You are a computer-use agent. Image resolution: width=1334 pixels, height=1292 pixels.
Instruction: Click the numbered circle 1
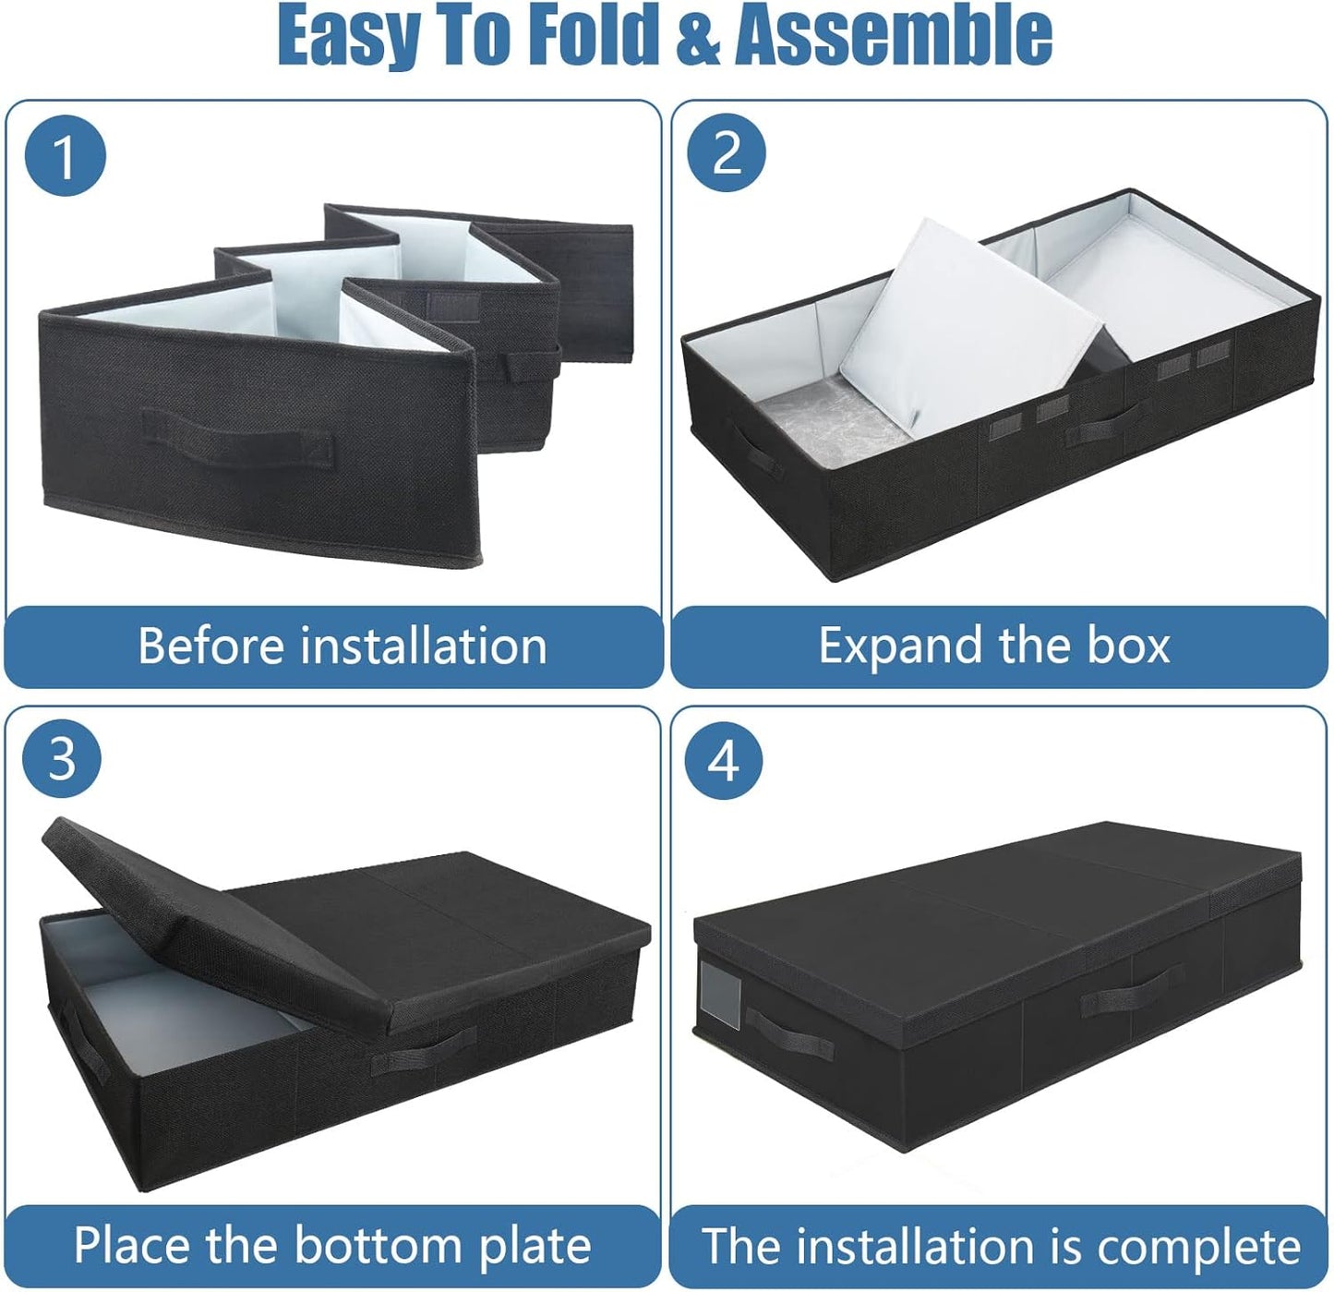click(x=65, y=156)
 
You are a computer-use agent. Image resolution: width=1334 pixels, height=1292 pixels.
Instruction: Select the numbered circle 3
click(x=62, y=759)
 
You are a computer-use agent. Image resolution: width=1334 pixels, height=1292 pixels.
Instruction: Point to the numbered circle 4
click(x=725, y=761)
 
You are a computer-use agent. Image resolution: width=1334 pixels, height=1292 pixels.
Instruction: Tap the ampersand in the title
click(x=699, y=35)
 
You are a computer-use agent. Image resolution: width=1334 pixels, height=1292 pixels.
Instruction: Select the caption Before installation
click(x=342, y=646)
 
